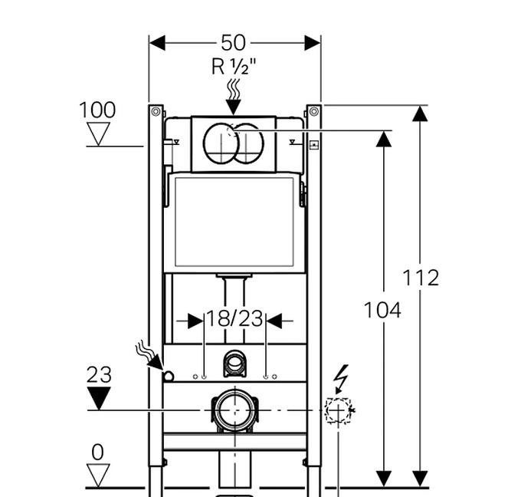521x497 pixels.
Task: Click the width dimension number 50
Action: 234,43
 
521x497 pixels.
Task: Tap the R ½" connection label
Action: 234,67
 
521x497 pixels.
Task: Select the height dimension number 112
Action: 421,277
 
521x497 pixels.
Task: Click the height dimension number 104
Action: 382,310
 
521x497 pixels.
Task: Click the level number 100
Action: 97,110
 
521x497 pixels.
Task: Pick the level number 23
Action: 98,375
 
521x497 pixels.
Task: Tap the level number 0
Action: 97,453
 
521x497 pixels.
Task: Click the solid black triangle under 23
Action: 98,397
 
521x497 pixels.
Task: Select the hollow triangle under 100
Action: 98,134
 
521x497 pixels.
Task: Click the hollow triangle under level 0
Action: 98,474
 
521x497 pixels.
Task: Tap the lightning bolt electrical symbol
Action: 342,377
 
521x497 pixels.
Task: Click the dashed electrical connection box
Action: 337,410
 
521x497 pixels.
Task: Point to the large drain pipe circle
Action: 232,410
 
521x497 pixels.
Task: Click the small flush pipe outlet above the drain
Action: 234,364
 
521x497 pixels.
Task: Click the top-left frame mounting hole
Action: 156,111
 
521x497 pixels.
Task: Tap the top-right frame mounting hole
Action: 313,111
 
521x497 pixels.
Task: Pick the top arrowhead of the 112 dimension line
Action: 419,114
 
